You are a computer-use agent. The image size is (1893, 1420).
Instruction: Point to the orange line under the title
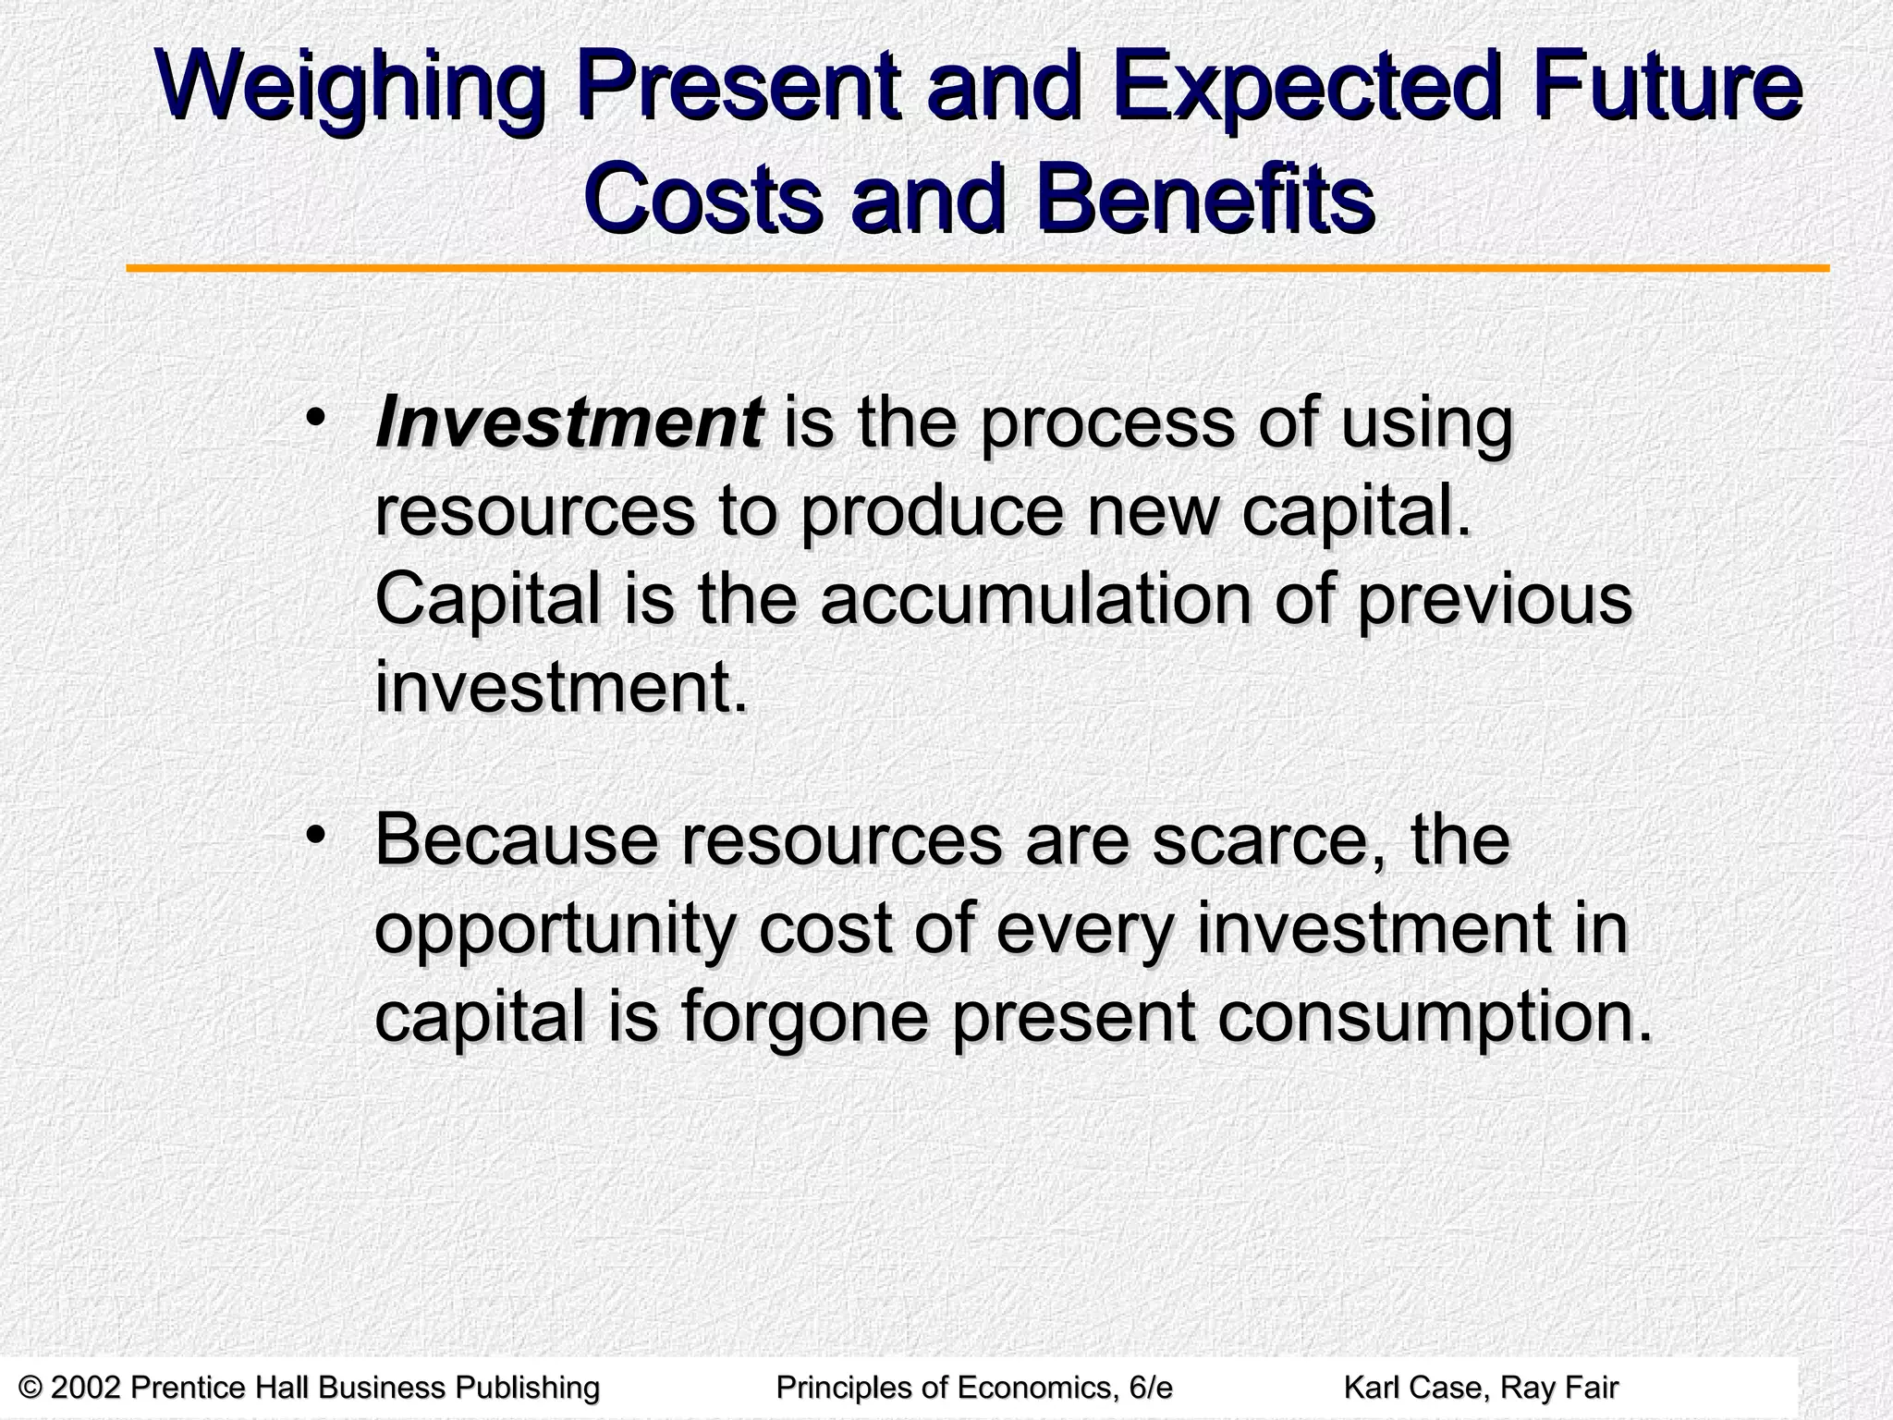coord(978,269)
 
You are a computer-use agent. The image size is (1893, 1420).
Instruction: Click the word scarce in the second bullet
coord(1268,840)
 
